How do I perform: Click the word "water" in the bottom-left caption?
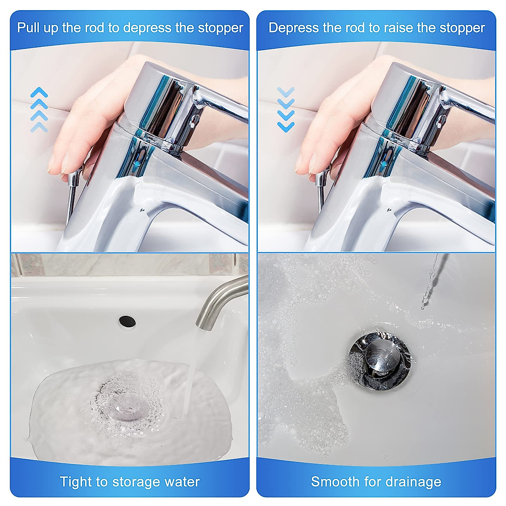[182, 482]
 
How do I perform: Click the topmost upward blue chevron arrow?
[39, 92]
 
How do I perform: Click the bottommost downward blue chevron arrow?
[286, 126]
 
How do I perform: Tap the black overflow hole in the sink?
[127, 321]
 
